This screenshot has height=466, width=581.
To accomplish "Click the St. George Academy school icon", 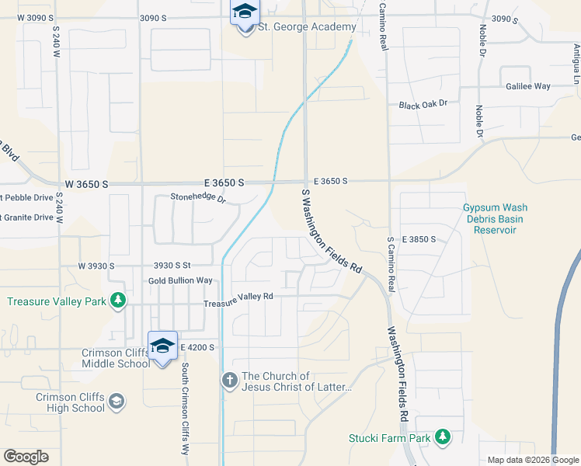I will (x=245, y=13).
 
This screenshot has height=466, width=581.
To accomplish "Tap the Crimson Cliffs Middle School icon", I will (x=162, y=346).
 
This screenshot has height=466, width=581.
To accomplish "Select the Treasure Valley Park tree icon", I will (x=117, y=301).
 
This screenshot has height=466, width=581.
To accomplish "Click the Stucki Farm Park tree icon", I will (x=443, y=438).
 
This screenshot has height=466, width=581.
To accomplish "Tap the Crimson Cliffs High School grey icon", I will (x=117, y=402).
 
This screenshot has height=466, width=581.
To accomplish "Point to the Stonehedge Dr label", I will (x=198, y=200).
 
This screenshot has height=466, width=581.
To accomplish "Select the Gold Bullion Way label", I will (x=180, y=280).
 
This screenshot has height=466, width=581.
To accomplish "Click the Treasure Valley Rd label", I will (x=238, y=296).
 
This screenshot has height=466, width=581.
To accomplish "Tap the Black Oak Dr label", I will (x=423, y=105).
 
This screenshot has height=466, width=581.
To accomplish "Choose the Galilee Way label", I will (x=527, y=86).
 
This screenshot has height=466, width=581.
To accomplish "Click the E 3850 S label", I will (x=419, y=239).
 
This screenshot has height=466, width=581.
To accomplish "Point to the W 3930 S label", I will (x=96, y=266).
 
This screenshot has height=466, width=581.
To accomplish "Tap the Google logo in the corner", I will (x=26, y=456).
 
